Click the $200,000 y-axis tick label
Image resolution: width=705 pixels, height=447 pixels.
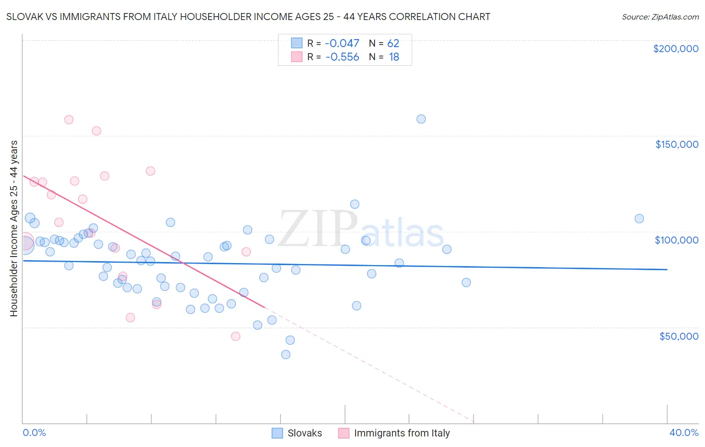point(675,49)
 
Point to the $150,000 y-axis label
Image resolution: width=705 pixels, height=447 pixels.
point(676,144)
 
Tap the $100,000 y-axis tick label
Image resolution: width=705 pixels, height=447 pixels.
point(676,240)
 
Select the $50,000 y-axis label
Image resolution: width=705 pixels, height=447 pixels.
point(678,336)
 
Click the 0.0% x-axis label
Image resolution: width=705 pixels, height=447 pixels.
point(34,432)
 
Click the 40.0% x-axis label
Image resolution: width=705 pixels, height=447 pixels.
point(683,432)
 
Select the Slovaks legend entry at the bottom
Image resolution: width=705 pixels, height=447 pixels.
point(297,433)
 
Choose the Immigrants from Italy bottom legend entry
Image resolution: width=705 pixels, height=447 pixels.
point(394,433)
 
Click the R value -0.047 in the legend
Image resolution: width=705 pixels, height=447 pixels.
point(342,44)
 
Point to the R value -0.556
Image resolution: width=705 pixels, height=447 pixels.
point(342,57)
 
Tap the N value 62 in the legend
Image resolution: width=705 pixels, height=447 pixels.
point(393,44)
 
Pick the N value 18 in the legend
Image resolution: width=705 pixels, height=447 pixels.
point(394,57)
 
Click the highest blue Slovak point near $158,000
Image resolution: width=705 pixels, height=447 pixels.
point(421,119)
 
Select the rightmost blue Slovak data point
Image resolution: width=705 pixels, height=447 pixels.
point(639,218)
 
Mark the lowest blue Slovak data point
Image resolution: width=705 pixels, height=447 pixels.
point(286,354)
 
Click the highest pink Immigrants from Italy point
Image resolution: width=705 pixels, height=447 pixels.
point(69,120)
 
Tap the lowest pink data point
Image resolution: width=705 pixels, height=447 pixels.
point(236,336)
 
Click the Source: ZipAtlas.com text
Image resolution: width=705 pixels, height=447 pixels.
point(660,17)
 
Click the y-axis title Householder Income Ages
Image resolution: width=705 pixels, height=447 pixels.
point(14,229)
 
